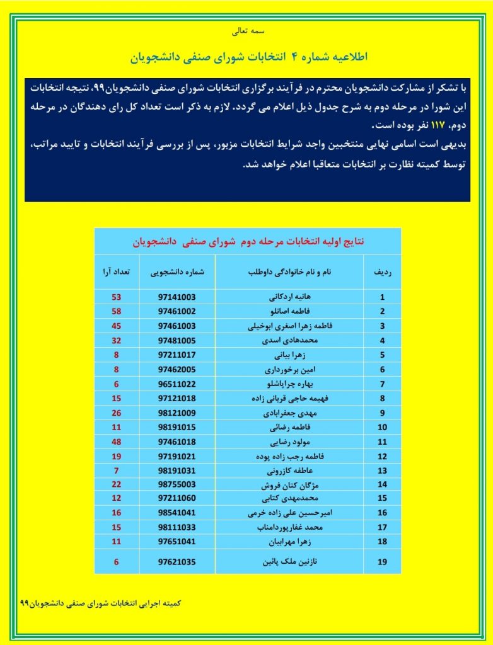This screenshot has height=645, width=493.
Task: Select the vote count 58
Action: (x=116, y=311)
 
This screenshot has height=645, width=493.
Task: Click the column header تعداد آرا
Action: (x=117, y=273)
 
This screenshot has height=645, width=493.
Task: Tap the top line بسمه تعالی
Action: (x=246, y=30)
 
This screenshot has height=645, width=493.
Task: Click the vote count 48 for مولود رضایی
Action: (x=116, y=442)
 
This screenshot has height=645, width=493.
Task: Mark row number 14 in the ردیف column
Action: (x=382, y=485)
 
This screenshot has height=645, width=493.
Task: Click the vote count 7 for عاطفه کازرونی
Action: (x=116, y=471)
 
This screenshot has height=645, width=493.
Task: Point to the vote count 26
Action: (x=116, y=413)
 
